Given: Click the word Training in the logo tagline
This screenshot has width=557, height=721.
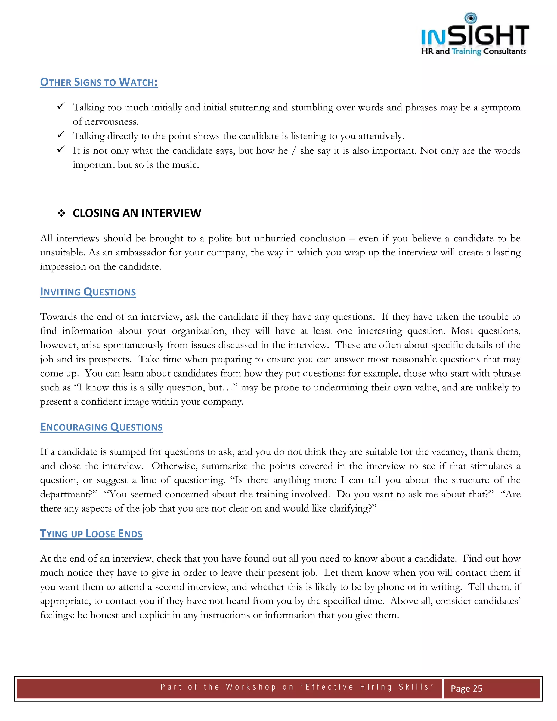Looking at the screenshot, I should pos(466,51).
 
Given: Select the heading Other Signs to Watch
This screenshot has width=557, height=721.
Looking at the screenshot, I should pos(99,82).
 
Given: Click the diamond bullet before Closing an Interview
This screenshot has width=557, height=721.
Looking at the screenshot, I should pos(61,213).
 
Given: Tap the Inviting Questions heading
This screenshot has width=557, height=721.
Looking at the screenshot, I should pos(88,292).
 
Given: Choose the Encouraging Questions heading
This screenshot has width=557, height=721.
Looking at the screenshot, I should pos(101,427).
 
